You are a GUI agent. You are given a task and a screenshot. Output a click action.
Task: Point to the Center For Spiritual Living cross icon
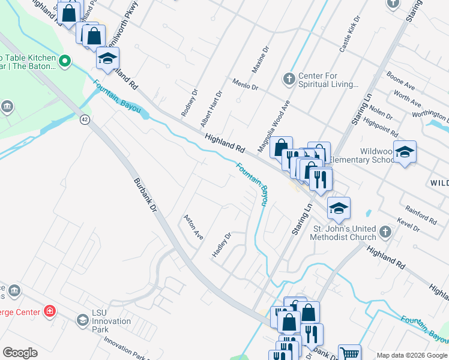(x=289, y=79)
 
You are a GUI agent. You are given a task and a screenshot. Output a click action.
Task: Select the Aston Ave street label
(x=194, y=227)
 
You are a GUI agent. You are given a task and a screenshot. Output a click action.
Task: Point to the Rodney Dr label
(x=189, y=103)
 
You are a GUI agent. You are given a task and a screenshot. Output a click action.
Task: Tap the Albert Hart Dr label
(x=211, y=109)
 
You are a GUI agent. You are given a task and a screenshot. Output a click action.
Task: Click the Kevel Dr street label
(x=408, y=226)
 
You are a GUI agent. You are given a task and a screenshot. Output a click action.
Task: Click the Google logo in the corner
(x=20, y=353)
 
